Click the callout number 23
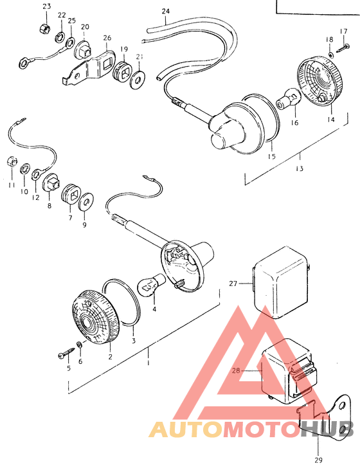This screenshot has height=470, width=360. pos(47,6)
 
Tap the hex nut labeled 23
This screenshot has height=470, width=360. pos(44,28)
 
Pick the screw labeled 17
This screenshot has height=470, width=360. pos(343,48)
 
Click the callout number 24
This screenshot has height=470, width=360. pos(165,12)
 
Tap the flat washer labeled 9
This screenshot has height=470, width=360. pos(85,201)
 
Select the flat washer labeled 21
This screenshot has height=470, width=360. pos(138,79)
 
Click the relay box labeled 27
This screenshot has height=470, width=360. pos(281,282)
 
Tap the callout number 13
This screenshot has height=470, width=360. pos(300,168)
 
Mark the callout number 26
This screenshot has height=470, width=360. pos(107,38)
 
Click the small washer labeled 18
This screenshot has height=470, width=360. pos(331,55)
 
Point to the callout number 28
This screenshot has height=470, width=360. pos(236,370)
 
